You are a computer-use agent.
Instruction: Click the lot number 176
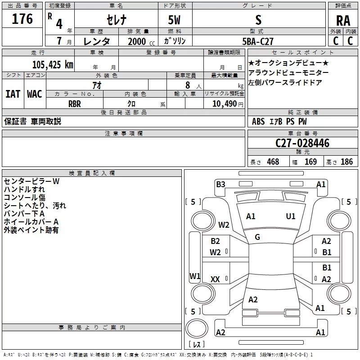(22, 18)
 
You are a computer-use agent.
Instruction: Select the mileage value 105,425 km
(53, 65)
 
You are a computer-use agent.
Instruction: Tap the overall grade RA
(343, 21)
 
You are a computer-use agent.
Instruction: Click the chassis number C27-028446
(302, 143)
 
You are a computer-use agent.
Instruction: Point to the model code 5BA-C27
(258, 41)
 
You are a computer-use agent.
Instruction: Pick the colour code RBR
(75, 104)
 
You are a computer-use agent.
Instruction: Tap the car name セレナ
(117, 20)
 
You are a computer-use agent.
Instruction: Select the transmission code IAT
(13, 94)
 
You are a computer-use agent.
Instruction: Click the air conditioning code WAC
(35, 94)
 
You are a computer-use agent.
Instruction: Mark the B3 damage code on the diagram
(220, 184)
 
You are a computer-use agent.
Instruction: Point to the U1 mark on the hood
(291, 216)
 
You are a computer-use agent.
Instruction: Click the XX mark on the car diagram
(215, 279)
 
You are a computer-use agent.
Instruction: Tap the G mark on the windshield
(257, 237)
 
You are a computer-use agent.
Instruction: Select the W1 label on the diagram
(195, 276)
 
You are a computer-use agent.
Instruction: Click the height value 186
(346, 162)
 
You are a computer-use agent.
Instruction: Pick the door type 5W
(174, 20)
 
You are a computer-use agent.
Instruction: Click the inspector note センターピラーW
(31, 181)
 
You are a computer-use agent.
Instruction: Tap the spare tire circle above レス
(197, 328)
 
